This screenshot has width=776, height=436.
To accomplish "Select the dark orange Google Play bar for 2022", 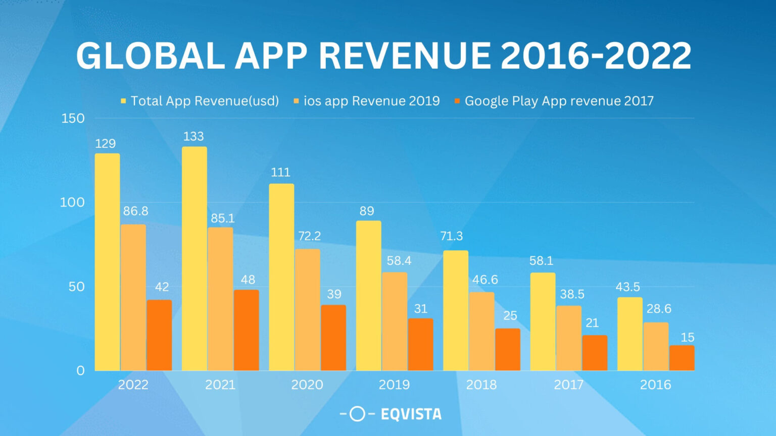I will pyautogui.click(x=159, y=335).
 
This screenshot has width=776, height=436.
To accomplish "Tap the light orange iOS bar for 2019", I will pyautogui.click(x=395, y=321).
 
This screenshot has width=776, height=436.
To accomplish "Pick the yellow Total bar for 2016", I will pyautogui.click(x=630, y=334).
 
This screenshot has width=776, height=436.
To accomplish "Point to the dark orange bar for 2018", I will pyautogui.click(x=508, y=349).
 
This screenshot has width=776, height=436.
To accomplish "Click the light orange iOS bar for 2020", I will pyautogui.click(x=308, y=310).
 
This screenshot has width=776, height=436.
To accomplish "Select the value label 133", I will pyautogui.click(x=193, y=136).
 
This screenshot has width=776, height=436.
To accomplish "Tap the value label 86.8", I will pyautogui.click(x=135, y=211).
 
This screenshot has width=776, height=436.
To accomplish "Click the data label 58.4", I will pyautogui.click(x=399, y=260).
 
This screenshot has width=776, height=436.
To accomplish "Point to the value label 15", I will pyautogui.click(x=687, y=337).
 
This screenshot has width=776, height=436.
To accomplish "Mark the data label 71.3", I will pyautogui.click(x=451, y=236).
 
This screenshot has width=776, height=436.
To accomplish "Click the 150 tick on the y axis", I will pyautogui.click(x=73, y=118).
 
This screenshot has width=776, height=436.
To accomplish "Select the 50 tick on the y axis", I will pyautogui.click(x=76, y=287).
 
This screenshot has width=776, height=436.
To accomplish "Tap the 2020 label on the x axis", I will pyautogui.click(x=307, y=385).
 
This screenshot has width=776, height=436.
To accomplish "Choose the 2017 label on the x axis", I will pyautogui.click(x=569, y=385).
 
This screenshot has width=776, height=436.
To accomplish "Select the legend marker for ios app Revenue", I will pyautogui.click(x=297, y=101).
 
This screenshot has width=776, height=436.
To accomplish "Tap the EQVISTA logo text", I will pyautogui.click(x=411, y=414).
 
